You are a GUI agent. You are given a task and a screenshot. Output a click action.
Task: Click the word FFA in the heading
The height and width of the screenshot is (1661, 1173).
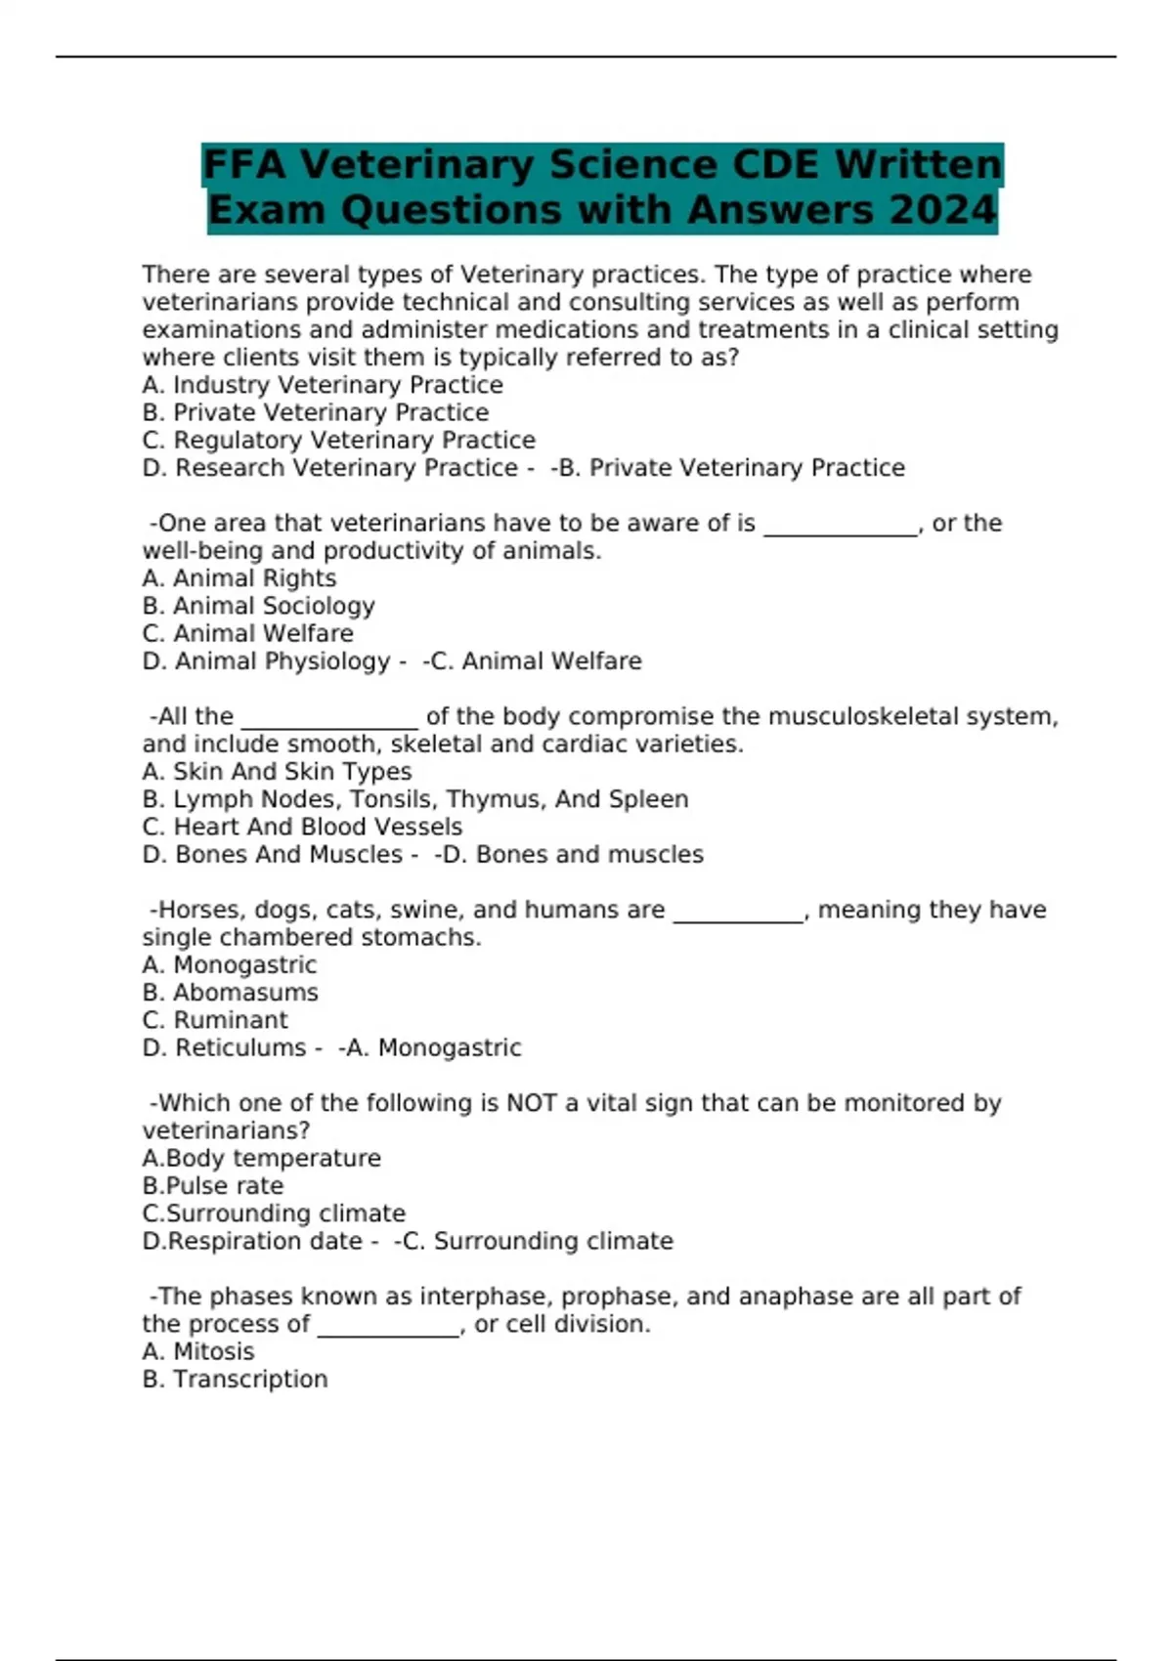(244, 164)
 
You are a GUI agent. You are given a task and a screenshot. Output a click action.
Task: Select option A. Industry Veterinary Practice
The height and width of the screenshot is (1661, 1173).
(323, 385)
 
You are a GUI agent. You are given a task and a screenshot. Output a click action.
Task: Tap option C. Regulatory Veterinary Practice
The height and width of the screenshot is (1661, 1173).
(338, 441)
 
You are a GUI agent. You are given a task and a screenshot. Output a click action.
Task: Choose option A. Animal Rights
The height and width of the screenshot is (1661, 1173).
(239, 578)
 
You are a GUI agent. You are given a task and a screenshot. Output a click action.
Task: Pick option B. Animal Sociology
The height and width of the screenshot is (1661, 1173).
(258, 606)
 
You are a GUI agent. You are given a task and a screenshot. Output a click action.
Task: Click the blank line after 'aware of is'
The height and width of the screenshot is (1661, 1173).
(841, 528)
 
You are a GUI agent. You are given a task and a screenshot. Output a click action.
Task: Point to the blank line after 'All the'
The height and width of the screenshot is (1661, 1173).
(329, 721)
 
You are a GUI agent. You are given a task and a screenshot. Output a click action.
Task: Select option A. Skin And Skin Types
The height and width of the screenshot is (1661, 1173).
(277, 772)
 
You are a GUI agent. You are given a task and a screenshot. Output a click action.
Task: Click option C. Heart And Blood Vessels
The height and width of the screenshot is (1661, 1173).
(302, 827)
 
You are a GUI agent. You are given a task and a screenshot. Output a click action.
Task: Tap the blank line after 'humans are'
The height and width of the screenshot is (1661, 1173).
(738, 915)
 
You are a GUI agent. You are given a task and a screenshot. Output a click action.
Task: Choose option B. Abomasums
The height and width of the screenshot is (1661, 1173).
(230, 993)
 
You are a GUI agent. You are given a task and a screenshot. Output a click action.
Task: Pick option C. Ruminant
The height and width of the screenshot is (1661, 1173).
(215, 1020)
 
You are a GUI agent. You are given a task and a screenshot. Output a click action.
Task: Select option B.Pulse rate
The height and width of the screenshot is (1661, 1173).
(213, 1186)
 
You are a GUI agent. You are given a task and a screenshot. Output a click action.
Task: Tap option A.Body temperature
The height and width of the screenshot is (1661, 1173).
(261, 1159)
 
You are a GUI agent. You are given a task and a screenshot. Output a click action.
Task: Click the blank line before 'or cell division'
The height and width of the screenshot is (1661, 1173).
(388, 1330)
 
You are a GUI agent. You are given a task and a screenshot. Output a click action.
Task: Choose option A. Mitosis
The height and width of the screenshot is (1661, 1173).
(198, 1352)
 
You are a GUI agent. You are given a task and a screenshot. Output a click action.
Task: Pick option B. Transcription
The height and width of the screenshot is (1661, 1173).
(235, 1380)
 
